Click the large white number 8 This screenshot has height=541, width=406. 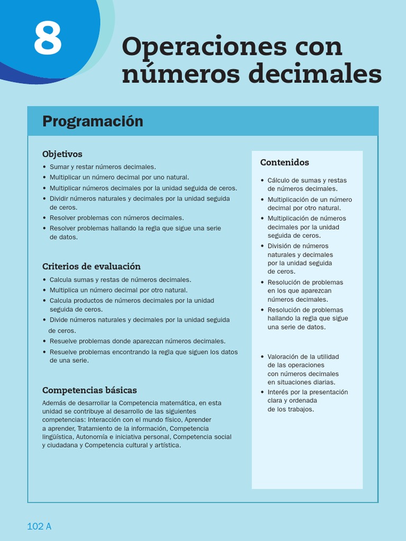(x=48, y=39)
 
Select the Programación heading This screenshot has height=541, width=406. (x=93, y=122)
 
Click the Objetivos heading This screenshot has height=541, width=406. (x=62, y=154)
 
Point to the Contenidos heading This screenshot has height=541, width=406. (x=284, y=163)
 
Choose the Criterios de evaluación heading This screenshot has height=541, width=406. (x=91, y=266)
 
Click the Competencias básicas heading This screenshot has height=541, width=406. (x=89, y=390)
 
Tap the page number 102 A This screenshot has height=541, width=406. (x=39, y=526)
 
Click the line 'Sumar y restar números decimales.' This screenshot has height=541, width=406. (x=103, y=167)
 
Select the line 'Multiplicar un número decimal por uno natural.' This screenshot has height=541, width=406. (x=119, y=178)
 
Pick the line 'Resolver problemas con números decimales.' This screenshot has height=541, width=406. (x=116, y=218)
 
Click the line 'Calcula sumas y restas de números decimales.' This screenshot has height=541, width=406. (x=120, y=280)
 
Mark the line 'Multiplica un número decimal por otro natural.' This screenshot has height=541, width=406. (x=118, y=290)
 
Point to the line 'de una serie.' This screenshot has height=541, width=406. (x=69, y=361)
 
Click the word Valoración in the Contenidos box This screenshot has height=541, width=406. (x=284, y=357)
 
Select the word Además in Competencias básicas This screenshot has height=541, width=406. (x=53, y=403)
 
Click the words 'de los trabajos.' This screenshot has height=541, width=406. (x=291, y=409)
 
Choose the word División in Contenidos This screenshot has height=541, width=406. (x=280, y=246)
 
